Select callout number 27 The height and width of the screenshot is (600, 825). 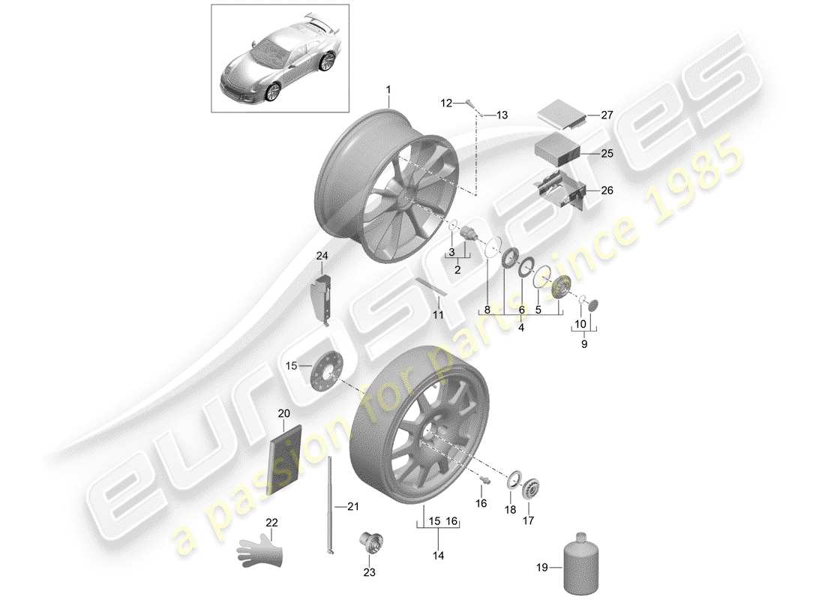coord(606,115)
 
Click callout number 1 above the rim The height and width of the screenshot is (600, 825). coord(388,90)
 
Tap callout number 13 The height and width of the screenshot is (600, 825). coord(502,115)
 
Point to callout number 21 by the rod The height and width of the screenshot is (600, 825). coord(352,507)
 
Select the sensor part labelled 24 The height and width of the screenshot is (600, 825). coord(323,296)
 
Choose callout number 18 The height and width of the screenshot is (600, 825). coord(510,509)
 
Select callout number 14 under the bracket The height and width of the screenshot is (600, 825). coord(438,556)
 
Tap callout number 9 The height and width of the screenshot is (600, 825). coord(584,344)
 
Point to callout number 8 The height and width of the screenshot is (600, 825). coord(487,308)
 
